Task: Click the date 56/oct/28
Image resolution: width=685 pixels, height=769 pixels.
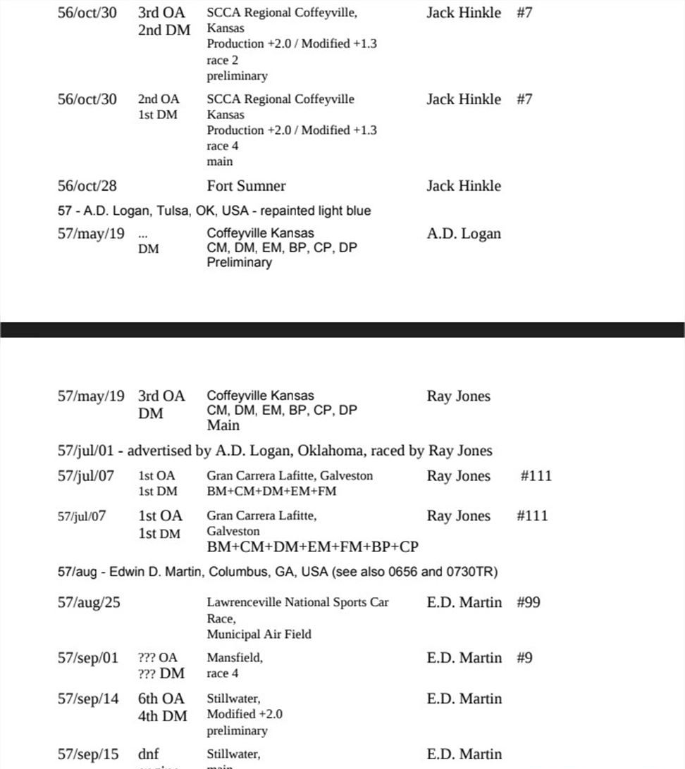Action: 87,187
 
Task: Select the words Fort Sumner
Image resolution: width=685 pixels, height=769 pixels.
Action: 246,187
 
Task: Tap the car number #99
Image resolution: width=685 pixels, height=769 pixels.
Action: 529,603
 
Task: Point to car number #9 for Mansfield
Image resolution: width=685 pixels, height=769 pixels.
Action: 524,658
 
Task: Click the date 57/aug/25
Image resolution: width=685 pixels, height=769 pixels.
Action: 89,603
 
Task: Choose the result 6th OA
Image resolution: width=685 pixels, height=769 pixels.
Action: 161,699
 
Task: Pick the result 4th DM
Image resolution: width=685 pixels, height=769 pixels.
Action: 163,716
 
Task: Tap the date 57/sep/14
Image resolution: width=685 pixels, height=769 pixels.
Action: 88,699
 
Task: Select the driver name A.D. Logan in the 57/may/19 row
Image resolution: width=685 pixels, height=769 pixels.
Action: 464,234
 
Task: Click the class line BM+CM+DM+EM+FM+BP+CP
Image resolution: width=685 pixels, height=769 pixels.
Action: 312,547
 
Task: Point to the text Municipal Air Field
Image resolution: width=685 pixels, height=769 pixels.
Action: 259,634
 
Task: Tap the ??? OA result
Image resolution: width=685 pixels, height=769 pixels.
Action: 158,658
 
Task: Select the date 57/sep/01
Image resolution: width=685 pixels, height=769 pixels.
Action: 88,658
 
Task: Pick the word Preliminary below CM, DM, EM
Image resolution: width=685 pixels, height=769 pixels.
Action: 239,263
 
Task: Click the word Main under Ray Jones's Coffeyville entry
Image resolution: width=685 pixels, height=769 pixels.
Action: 223,425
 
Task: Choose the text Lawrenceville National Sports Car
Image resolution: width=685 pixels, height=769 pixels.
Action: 297,603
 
